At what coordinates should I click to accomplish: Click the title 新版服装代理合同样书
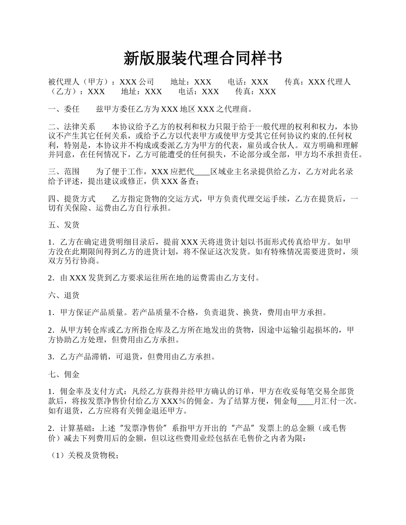pyautogui.click(x=203, y=58)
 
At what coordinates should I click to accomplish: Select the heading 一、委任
pyautogui.click(x=64, y=109)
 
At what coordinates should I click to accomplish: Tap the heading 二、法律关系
pyautogui.click(x=72, y=127)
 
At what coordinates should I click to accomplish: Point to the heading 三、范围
pyautogui.click(x=64, y=172)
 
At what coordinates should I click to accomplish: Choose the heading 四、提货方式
pyautogui.click(x=72, y=199)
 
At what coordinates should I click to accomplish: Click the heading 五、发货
pyautogui.click(x=64, y=225)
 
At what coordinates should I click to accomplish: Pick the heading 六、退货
pyautogui.click(x=64, y=295)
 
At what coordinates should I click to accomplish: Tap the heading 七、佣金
pyautogui.click(x=64, y=375)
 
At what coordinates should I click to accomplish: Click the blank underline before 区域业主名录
pyautogui.click(x=202, y=172)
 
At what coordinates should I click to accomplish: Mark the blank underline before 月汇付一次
pyautogui.click(x=305, y=402)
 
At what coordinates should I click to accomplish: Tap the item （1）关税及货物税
pyautogui.click(x=84, y=456)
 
